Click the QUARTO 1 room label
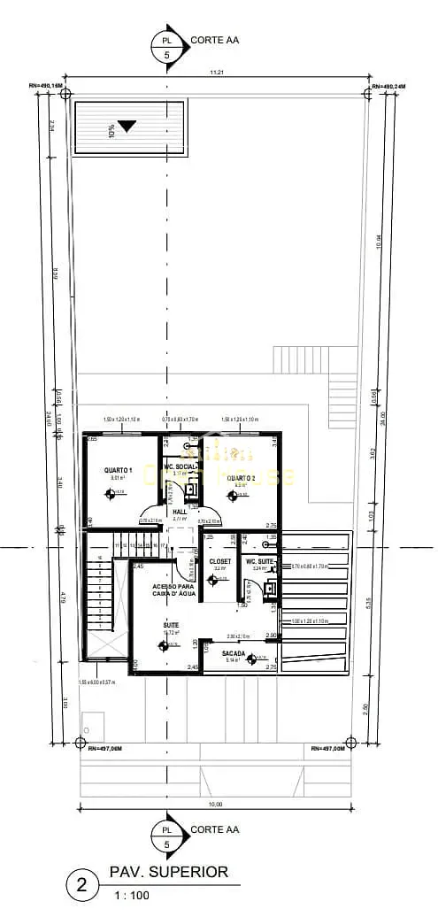(x=118, y=469)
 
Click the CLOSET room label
(x=219, y=561)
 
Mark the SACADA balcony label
(x=234, y=652)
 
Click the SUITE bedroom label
(x=171, y=624)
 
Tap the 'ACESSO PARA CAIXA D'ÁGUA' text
(x=173, y=589)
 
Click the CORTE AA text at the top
(x=214, y=40)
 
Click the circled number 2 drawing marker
(x=83, y=884)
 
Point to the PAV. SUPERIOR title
(x=168, y=873)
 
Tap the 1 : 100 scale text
(x=131, y=896)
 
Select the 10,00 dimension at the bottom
(x=215, y=804)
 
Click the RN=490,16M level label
(x=46, y=85)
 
